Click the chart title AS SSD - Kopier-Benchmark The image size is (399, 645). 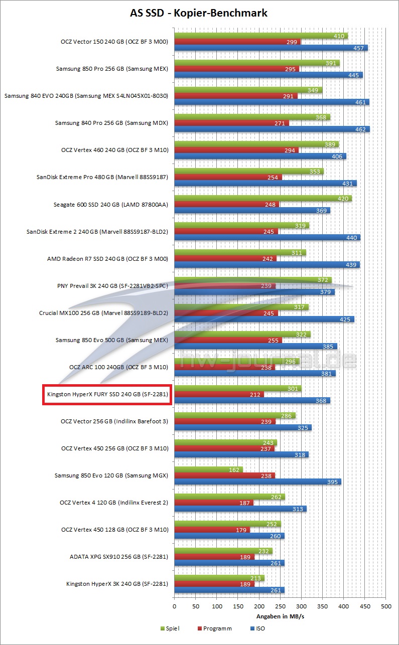(x=199, y=14)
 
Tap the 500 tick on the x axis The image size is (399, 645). (x=385, y=606)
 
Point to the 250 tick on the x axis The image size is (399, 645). (x=280, y=606)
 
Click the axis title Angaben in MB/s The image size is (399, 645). (x=280, y=616)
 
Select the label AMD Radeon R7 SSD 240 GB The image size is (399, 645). (x=107, y=259)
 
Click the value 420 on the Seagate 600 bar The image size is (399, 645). (x=344, y=198)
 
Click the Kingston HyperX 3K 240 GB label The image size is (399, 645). (x=116, y=584)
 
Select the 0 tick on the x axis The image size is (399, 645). (x=174, y=606)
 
